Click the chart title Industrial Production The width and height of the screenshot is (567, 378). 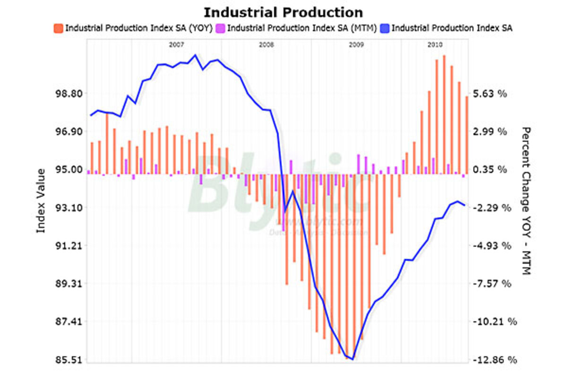[283, 12]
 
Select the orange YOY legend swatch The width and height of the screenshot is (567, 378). [59, 28]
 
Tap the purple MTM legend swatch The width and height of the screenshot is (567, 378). [221, 28]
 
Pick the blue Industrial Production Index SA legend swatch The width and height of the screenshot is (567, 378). [385, 28]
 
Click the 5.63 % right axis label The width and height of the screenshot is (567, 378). [490, 94]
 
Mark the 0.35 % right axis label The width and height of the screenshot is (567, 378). [490, 170]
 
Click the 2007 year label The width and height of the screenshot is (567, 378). [176, 45]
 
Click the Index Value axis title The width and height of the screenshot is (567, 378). [42, 200]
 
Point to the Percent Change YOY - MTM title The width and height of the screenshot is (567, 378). [526, 200]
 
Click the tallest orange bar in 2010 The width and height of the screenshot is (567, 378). [444, 113]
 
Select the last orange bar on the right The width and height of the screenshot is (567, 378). [466, 135]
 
